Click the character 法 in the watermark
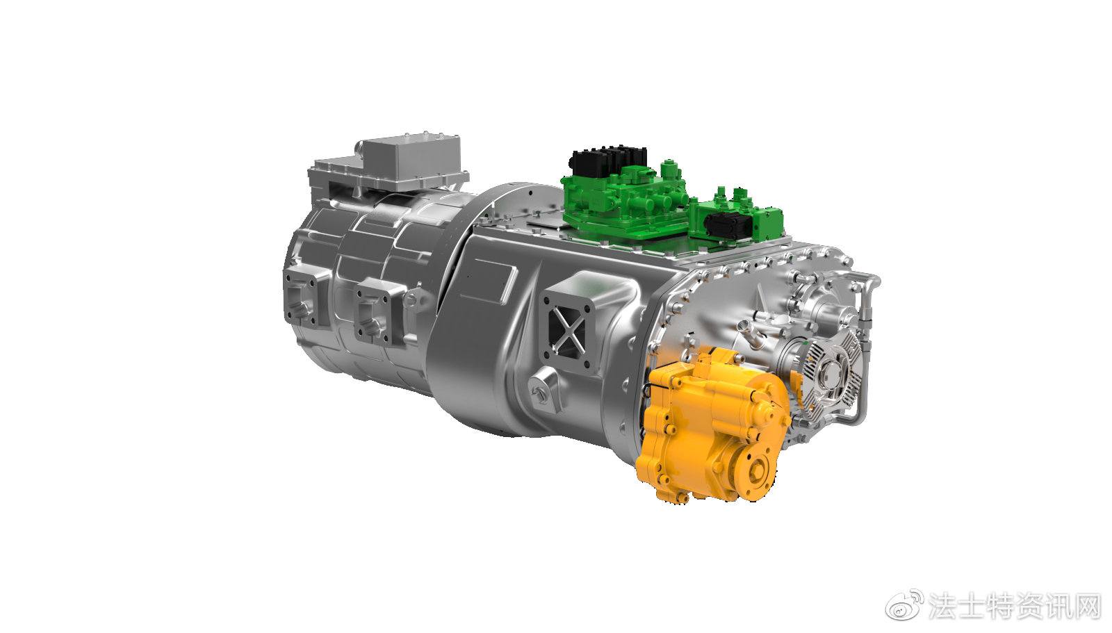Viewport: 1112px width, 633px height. click(x=942, y=605)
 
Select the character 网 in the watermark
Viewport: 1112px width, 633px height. click(x=1087, y=605)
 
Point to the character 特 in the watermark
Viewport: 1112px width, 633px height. click(x=1001, y=605)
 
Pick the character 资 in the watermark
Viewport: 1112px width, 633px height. click(x=1029, y=605)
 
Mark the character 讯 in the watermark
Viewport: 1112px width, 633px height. click(x=1058, y=605)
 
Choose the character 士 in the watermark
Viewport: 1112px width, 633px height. click(x=972, y=605)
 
